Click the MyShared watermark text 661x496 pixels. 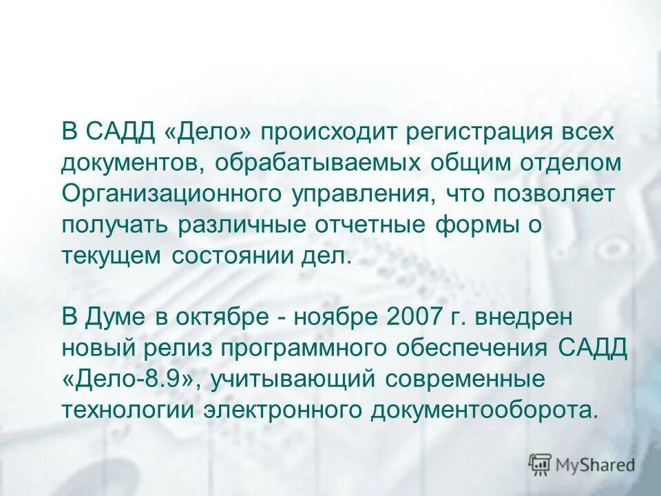click(x=596, y=464)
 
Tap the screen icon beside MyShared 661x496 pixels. click(x=540, y=464)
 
